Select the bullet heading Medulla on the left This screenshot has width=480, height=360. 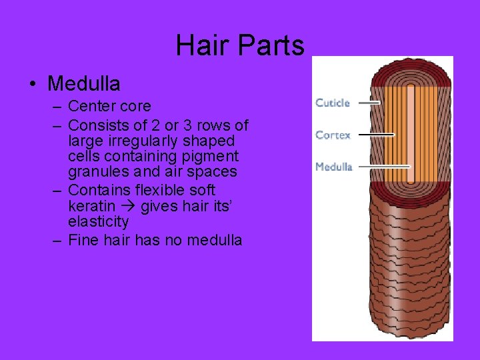coord(84,84)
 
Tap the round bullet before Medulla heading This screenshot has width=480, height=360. coord(33,85)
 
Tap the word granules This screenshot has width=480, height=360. coord(97,172)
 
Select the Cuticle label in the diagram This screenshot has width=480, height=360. coord(332,103)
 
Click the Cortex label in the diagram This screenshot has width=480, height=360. coord(333,135)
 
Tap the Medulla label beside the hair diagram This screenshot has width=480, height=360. coord(333,167)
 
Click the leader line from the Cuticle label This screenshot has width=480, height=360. coord(367,103)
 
